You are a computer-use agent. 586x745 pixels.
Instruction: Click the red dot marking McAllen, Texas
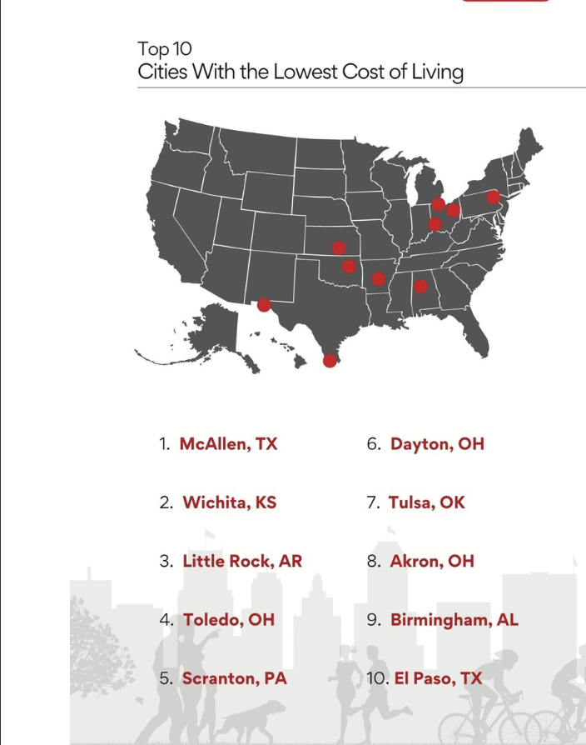coord(330,360)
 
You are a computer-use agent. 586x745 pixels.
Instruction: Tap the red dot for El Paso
coord(264,305)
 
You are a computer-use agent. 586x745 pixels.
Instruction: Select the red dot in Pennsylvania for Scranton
coord(493,197)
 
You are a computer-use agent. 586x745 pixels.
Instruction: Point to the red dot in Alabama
coord(421,287)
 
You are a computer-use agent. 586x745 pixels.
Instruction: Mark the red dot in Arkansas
coord(379,278)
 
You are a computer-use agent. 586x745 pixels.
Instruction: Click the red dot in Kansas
coord(339,247)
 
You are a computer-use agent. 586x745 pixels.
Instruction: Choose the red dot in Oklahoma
coord(350,267)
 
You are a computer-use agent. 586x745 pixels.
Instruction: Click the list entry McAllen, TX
coord(228,444)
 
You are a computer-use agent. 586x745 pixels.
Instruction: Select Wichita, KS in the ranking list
coord(229,502)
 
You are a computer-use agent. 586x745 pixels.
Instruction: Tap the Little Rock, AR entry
coord(242,561)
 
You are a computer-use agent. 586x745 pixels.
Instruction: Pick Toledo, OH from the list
coord(228,620)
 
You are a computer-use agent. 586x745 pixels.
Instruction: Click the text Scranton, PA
coord(234,678)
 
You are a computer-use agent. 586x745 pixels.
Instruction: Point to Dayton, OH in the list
coord(437,444)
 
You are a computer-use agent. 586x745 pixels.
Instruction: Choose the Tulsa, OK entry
coord(426,502)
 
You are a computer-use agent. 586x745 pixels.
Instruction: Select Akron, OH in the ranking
coord(432,561)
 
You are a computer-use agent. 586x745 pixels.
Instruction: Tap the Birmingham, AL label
coord(454,620)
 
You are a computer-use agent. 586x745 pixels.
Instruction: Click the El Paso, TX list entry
coord(438,678)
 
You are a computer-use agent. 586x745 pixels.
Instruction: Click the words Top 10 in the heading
coord(165,49)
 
